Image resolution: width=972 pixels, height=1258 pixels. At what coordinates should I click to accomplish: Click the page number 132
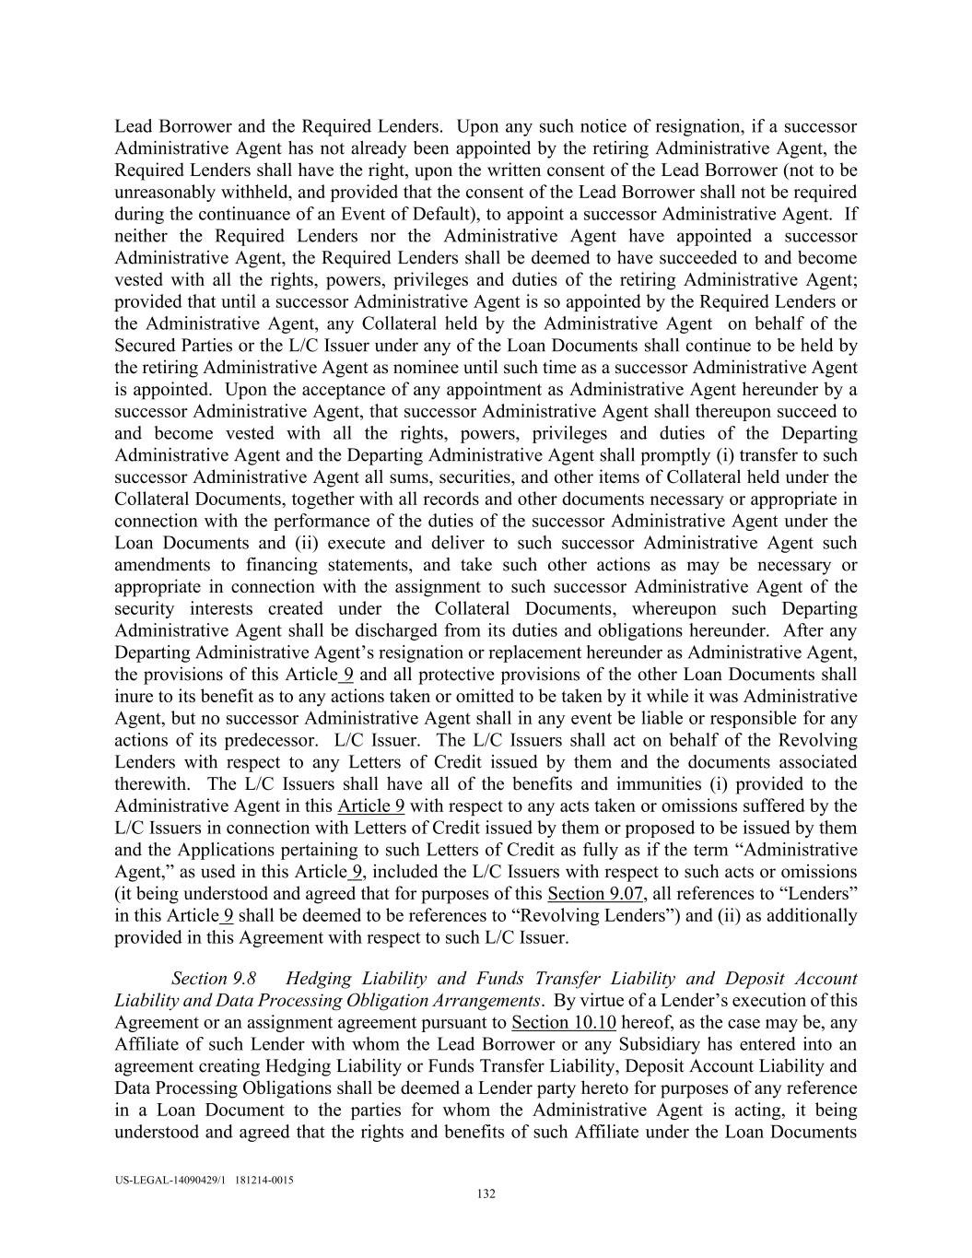point(486,1194)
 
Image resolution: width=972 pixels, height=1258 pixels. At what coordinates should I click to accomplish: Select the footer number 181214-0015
point(264,1180)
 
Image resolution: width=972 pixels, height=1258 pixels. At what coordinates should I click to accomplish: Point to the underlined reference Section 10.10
point(564,1022)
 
